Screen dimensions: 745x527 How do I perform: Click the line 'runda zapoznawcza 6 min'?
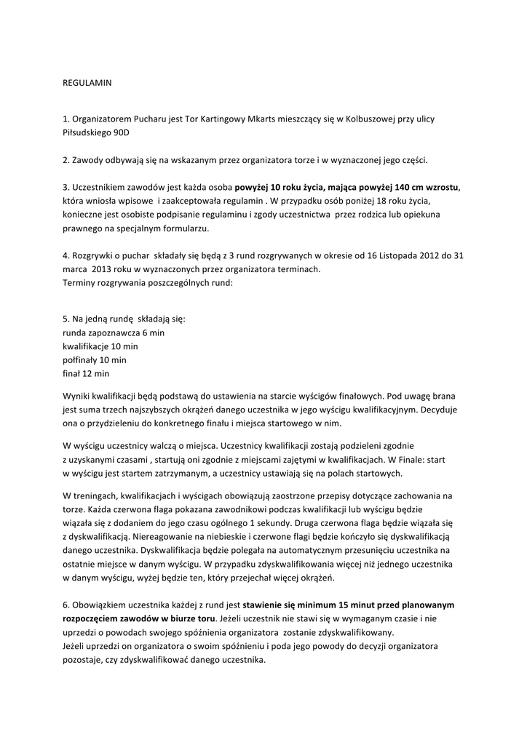click(114, 332)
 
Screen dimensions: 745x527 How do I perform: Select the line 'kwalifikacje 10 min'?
click(100, 346)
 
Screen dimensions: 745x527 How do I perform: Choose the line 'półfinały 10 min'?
click(95, 360)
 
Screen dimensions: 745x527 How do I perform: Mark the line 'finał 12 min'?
click(86, 374)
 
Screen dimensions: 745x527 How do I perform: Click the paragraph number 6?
click(66, 605)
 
